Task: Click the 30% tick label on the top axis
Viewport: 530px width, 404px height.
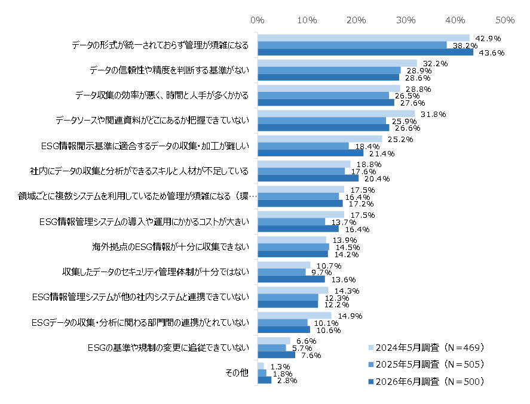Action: coord(406,20)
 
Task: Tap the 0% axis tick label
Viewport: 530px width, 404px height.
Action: coord(257,20)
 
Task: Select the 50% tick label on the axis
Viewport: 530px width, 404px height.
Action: coord(505,20)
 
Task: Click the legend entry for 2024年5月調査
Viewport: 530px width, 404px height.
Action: coord(426,347)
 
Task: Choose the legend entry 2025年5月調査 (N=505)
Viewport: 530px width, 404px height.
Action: coord(426,364)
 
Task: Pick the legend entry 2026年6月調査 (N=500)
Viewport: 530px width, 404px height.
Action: coord(426,381)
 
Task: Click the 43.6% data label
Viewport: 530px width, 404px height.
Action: coord(492,53)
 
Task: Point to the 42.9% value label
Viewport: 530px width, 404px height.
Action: coord(488,38)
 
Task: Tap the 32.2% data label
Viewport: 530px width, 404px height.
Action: coord(436,63)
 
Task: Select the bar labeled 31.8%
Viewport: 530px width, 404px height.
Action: coord(336,114)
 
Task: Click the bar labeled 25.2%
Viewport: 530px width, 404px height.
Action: coord(320,138)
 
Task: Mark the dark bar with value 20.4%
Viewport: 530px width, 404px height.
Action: coord(308,178)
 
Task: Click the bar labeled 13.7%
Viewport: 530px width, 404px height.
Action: coord(292,222)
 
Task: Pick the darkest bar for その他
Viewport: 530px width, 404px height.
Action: coord(265,380)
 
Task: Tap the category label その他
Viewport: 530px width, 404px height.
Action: coord(237,372)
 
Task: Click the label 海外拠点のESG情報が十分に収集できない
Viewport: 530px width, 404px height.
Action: coord(170,246)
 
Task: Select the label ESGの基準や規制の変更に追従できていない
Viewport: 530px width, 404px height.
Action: coord(169,347)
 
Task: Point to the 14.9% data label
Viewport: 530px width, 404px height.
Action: coord(350,316)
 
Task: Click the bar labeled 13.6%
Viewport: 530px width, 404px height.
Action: coord(292,279)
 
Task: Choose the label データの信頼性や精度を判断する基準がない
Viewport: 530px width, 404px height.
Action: coord(169,70)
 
